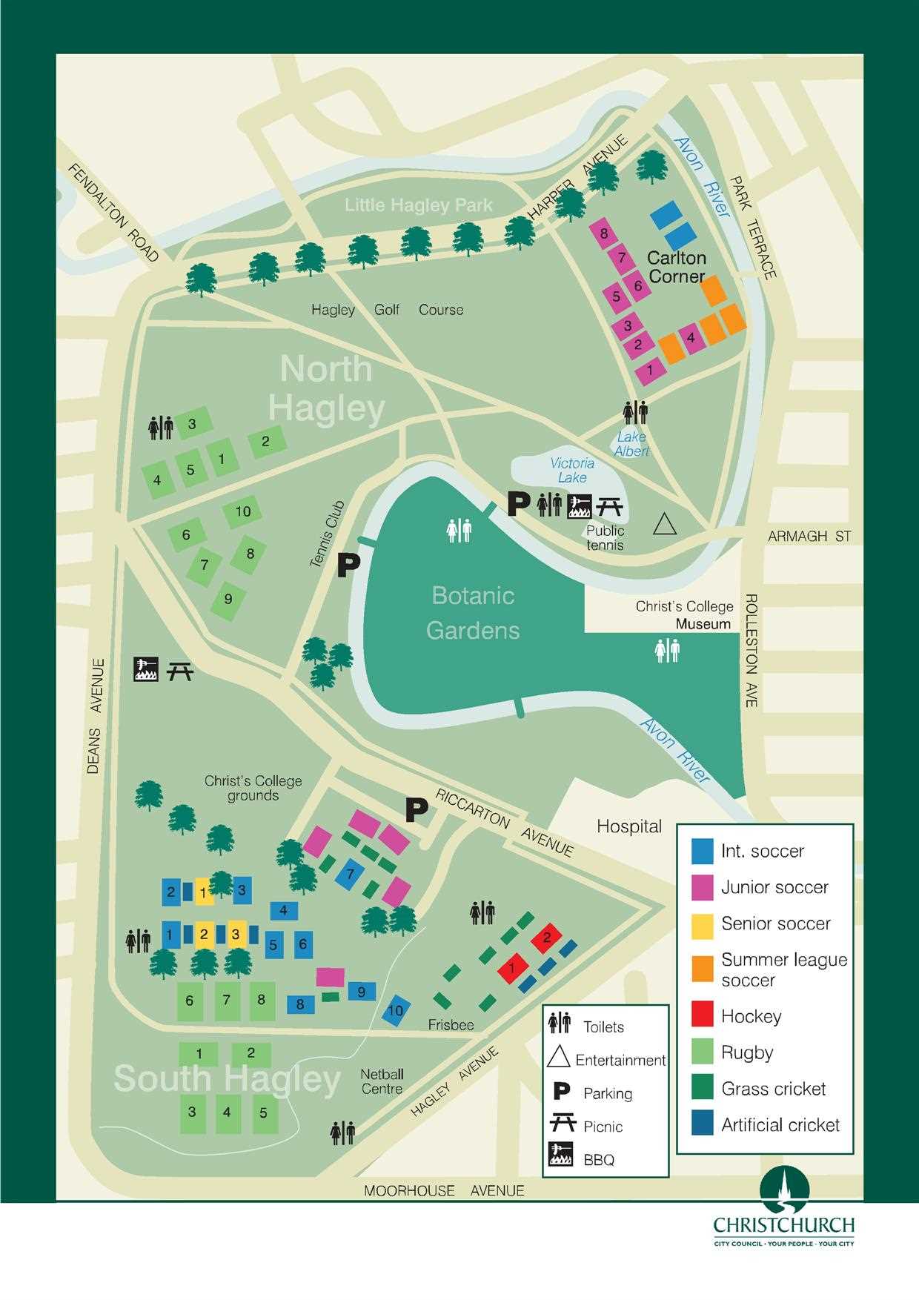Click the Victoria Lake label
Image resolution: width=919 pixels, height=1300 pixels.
(x=571, y=471)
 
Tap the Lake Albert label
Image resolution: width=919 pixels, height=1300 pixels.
(x=631, y=444)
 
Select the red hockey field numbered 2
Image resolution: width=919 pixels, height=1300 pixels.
(x=547, y=938)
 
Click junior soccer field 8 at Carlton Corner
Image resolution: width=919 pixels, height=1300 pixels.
(x=604, y=234)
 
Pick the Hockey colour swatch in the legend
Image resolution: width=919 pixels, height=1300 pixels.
(x=702, y=1016)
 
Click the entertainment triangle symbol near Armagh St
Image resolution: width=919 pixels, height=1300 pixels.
(x=665, y=525)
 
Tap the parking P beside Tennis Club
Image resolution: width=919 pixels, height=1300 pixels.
(x=348, y=566)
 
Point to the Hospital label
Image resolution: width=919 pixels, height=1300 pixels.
(x=629, y=826)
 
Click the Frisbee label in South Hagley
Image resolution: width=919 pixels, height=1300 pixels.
(x=451, y=1025)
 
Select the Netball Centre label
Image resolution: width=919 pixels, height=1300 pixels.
(x=382, y=1081)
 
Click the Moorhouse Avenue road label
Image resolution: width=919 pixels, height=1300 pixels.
(x=444, y=1191)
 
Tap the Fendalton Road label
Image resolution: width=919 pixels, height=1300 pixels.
(x=113, y=213)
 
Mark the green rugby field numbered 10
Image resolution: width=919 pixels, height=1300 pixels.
(x=242, y=511)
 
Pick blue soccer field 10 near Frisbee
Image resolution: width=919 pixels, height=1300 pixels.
(x=396, y=1010)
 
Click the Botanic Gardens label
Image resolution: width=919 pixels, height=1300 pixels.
(x=473, y=613)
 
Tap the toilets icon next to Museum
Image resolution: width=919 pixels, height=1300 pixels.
(x=667, y=651)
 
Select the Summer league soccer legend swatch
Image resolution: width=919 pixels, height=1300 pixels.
(x=702, y=969)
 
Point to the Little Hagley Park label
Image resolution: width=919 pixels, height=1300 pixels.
(x=418, y=205)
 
